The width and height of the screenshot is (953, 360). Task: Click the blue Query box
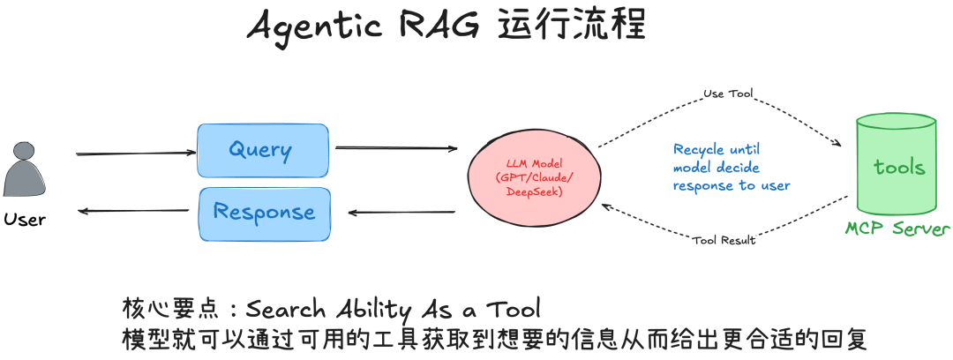(262, 150)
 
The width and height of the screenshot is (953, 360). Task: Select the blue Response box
(264, 213)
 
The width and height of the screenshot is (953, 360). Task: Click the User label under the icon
(25, 219)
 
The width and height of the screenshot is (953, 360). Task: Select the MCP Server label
(897, 229)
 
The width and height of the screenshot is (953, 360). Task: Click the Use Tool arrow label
(727, 94)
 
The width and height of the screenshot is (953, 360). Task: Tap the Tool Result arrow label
(724, 240)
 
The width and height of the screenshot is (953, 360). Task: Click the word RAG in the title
(427, 26)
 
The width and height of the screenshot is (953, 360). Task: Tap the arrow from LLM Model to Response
(401, 213)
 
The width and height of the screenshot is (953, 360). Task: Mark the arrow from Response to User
(133, 211)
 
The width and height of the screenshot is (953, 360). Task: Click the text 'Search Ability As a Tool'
(393, 309)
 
